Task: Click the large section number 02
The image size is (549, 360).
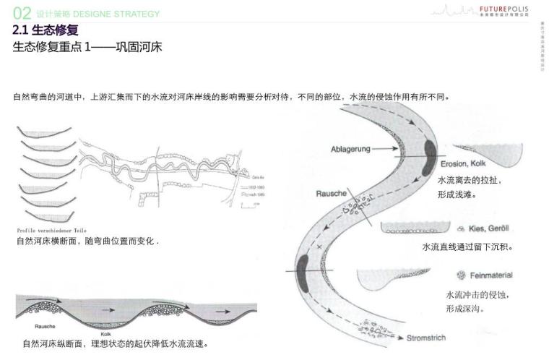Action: coord(22,13)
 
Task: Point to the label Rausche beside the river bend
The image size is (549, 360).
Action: coord(331,194)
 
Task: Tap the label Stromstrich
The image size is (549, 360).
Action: coord(425,338)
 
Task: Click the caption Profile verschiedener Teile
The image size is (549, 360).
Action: coord(51,230)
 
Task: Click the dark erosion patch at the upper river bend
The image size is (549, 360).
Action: coord(431,149)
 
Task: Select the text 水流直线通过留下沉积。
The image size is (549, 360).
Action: coord(467,247)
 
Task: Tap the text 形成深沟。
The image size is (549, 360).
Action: coord(465,309)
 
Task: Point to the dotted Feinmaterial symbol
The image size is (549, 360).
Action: coord(460,275)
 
